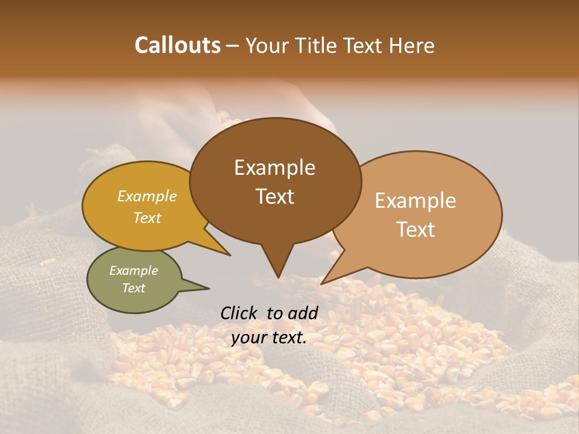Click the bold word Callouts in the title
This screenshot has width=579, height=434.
click(177, 45)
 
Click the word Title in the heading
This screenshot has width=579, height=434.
click(317, 45)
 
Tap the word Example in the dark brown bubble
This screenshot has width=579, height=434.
click(274, 168)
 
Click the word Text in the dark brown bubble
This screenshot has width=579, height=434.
click(274, 197)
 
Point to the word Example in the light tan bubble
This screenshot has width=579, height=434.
click(416, 201)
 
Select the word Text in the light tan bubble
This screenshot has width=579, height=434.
click(416, 230)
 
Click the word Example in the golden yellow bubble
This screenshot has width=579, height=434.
click(147, 197)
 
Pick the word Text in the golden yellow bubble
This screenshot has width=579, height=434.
click(147, 218)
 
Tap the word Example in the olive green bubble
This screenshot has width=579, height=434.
click(134, 271)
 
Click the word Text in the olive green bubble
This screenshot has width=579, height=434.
click(134, 288)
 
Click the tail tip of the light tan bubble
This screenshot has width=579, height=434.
click(322, 283)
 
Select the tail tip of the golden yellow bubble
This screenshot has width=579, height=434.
click(230, 255)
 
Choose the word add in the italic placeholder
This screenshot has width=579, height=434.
click(303, 313)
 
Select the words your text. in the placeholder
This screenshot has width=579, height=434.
click(269, 338)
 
